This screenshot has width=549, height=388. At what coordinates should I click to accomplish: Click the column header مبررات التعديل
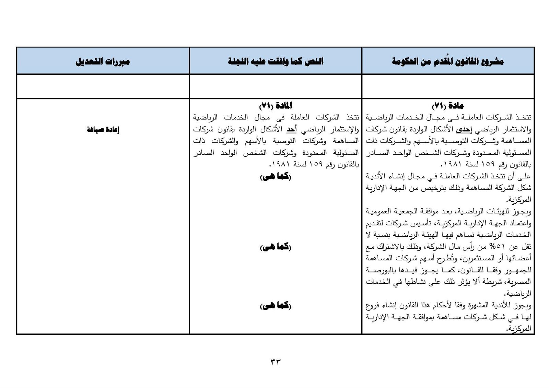103,62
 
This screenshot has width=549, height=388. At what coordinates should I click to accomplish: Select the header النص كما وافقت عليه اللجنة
276,62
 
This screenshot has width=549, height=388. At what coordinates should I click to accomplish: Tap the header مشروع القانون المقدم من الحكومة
448,62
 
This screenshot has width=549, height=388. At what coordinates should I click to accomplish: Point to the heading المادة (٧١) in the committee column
276,106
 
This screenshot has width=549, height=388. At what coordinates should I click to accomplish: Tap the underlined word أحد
292,130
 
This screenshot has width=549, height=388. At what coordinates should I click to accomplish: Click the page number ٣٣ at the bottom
276,362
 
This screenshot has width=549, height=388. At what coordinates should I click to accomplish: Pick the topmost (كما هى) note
276,177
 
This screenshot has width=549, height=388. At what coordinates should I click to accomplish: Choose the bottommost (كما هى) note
276,306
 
